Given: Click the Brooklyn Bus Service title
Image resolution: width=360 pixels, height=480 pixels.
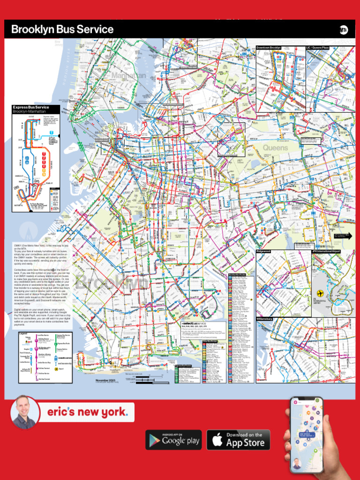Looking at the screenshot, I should click(x=62, y=30).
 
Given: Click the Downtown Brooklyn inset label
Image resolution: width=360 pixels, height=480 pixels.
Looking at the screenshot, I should click(x=269, y=48).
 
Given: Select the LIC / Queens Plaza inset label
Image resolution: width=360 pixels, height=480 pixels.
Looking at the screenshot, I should click(x=318, y=48).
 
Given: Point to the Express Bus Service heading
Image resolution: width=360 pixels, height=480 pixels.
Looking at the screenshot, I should click(x=30, y=107).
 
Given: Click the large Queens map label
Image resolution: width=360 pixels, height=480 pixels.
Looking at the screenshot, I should click(x=276, y=148).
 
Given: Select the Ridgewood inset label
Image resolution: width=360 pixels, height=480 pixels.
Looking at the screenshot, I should click(x=263, y=252).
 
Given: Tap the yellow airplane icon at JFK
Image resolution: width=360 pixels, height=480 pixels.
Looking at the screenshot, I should click(x=321, y=285).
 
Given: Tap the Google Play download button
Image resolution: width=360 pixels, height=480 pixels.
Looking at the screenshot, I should click(x=173, y=440).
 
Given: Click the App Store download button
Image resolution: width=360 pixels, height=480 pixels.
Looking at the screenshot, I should click(x=238, y=440).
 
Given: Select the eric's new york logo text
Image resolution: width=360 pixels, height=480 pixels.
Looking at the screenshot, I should click(x=87, y=412).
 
